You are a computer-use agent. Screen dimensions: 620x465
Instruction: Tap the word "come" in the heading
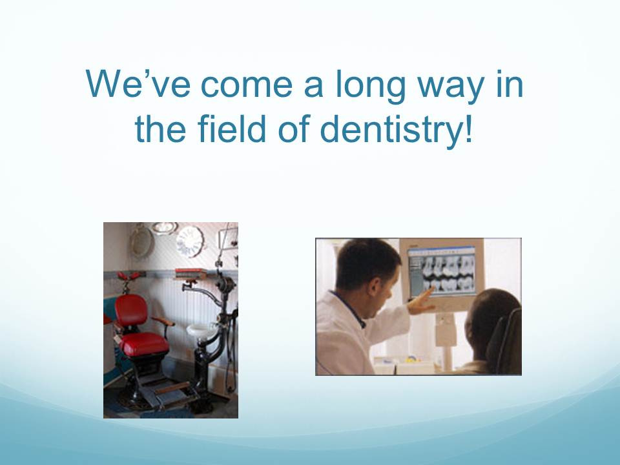(247, 85)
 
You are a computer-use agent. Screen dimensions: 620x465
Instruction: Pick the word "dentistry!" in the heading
(396, 130)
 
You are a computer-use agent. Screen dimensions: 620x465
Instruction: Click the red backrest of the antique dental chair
(131, 310)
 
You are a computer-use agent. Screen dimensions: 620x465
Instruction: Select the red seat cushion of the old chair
(144, 343)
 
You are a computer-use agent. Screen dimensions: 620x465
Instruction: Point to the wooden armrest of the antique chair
(163, 321)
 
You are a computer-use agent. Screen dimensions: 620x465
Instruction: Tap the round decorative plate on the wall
(190, 241)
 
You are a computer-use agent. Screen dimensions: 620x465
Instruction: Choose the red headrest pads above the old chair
(129, 276)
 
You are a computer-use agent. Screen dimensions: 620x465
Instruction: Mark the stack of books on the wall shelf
(191, 273)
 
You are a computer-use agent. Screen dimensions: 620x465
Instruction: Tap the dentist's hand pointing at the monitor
(422, 302)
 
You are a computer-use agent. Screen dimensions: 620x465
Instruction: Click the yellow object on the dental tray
(412, 359)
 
